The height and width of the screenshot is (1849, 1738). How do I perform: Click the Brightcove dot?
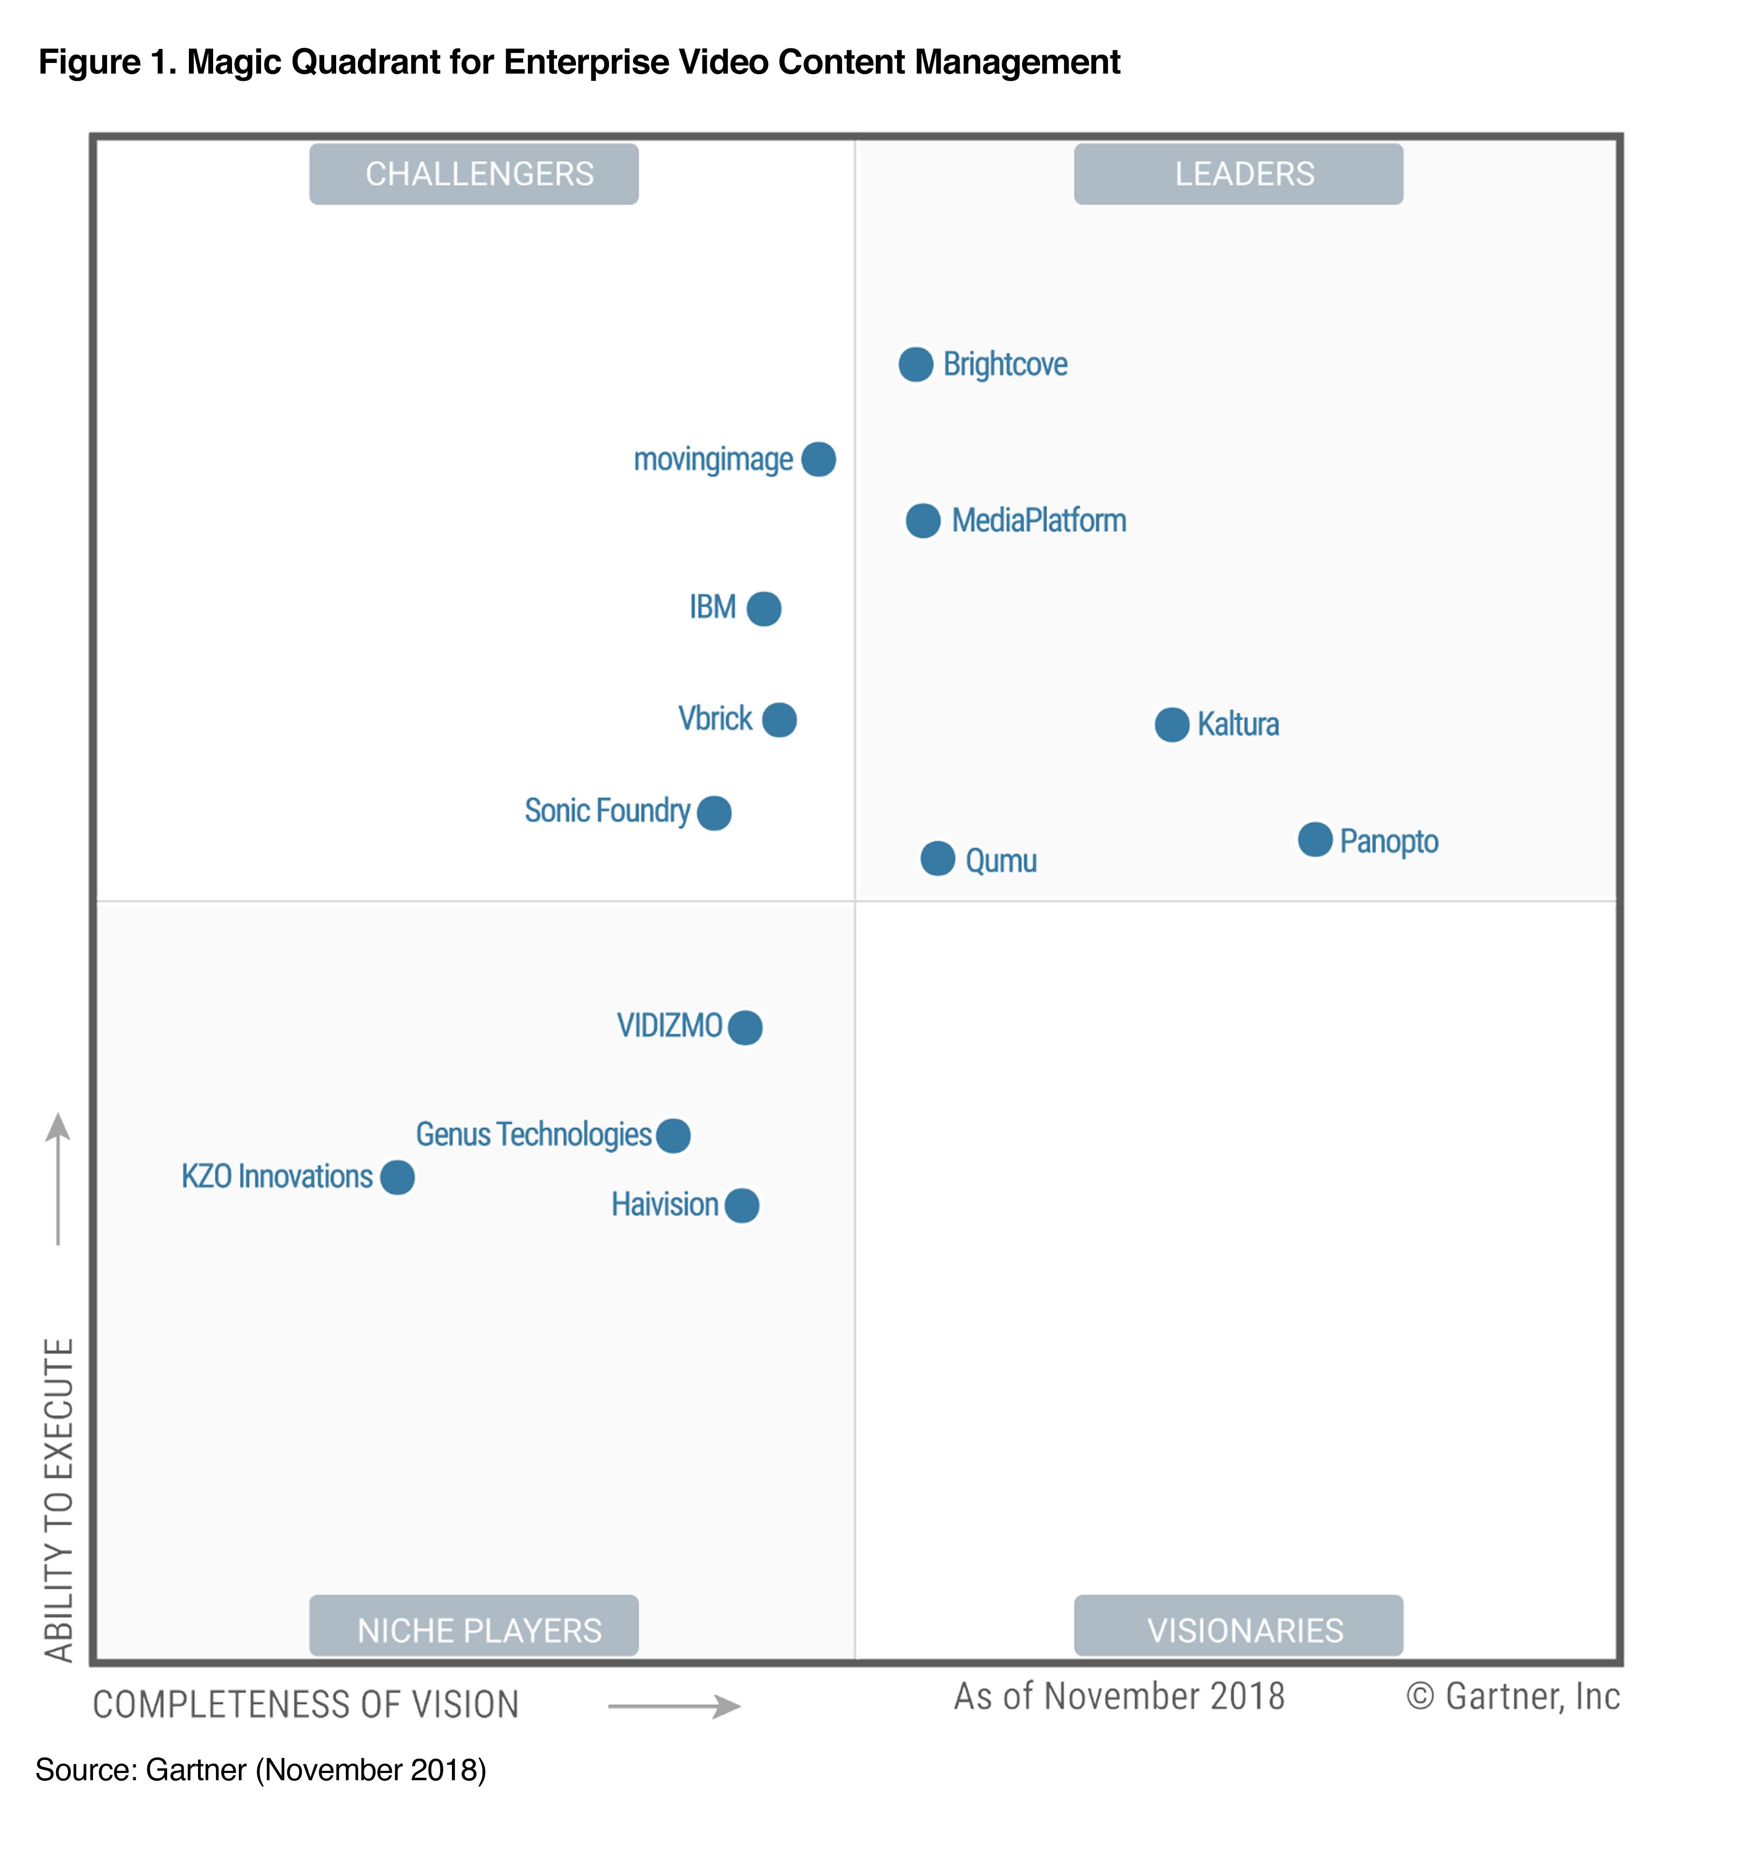coord(916,365)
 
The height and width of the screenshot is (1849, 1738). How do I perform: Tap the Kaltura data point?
coord(1171,724)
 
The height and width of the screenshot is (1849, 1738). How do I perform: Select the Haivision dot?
coord(742,1205)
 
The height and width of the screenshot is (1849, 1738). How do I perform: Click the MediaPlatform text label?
coord(1039,520)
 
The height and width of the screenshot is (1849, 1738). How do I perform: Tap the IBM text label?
coord(712,607)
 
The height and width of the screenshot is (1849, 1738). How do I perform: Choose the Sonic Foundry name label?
coord(606,811)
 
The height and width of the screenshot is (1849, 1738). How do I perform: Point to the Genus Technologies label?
coord(533,1135)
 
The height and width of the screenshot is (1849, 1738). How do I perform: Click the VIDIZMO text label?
coord(669,1026)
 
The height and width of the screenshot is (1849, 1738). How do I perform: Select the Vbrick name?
coord(714,719)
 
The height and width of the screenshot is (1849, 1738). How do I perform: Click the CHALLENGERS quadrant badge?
coord(474,174)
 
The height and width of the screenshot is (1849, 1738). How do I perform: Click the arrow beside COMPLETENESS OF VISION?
coord(675,1706)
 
